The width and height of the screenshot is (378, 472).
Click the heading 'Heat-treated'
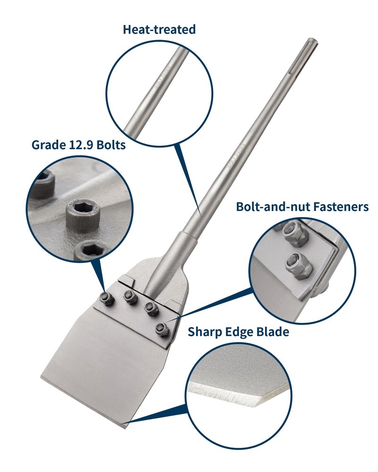click(x=159, y=30)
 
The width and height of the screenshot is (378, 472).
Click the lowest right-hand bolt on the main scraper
click(x=163, y=329)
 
